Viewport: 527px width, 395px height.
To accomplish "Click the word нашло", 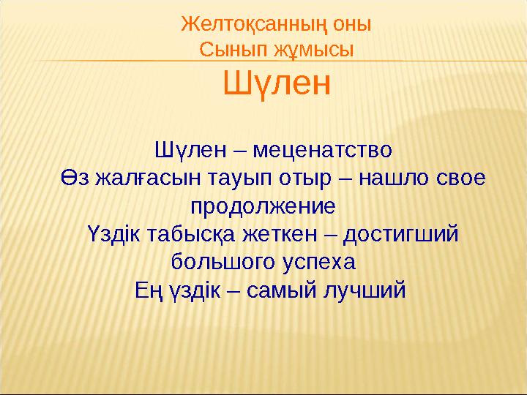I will coord(376,179).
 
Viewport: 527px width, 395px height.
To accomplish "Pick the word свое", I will coord(453,179).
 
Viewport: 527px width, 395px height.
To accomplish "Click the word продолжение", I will coord(263,206).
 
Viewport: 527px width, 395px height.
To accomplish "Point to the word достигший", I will coord(395,234).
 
